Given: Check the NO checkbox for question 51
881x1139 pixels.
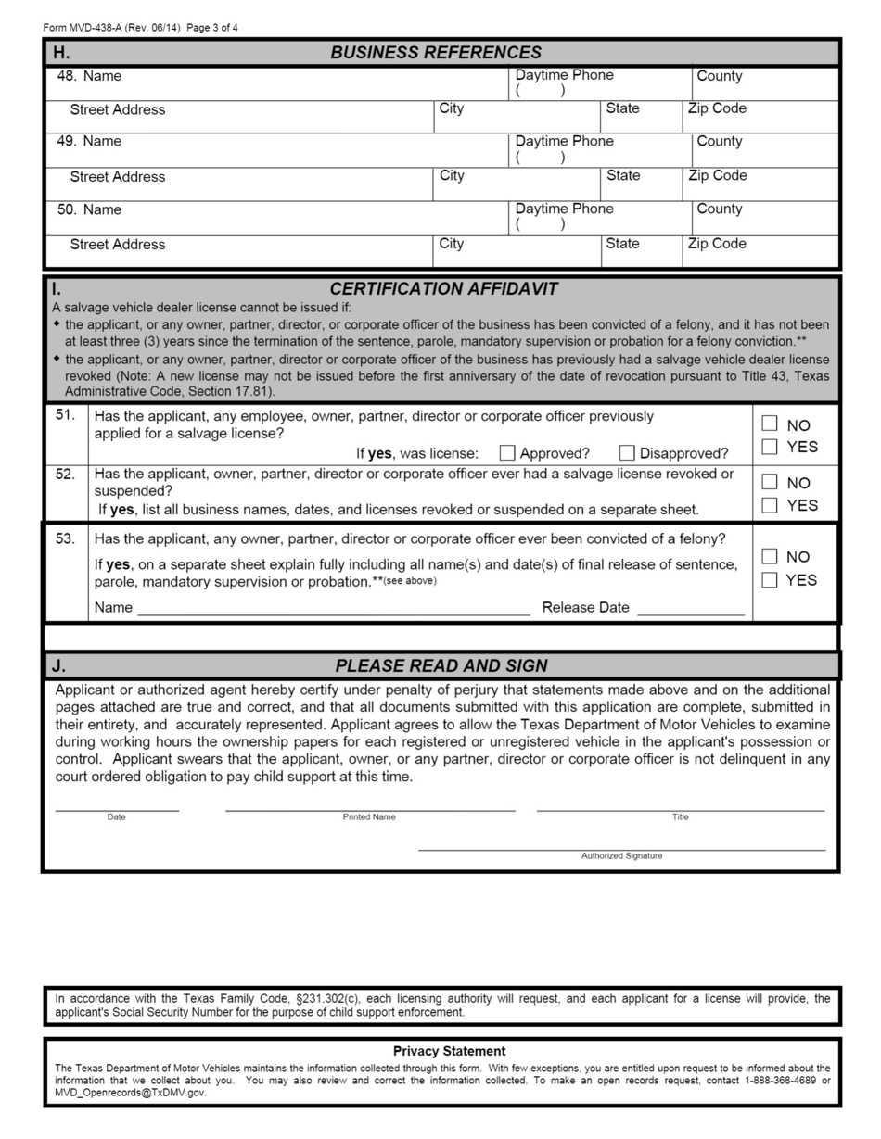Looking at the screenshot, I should point(770,424).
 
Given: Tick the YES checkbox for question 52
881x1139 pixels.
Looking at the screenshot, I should point(770,505).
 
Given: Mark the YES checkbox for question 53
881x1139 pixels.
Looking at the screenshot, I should point(770,580).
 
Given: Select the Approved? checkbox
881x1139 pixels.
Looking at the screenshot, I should point(507,453).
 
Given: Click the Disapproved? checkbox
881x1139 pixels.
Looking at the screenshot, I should point(627,453).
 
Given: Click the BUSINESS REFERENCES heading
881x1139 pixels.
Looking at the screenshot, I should point(436,53).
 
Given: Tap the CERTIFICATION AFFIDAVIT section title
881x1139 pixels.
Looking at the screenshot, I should point(443,289).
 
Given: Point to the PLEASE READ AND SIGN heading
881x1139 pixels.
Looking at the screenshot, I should point(441,665).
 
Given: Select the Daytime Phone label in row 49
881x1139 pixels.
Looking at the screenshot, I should point(564,141).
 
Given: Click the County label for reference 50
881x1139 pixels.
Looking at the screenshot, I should point(720,209).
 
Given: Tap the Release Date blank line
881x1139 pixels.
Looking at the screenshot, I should point(691,610).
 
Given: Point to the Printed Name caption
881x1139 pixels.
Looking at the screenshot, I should point(369,817).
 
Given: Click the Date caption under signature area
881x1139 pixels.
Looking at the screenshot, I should point(116,817).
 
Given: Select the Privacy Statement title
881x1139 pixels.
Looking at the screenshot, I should point(449,1051).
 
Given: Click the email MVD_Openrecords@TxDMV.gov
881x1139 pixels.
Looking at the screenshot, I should point(130,1093).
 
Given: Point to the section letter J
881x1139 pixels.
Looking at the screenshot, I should point(58,665).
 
